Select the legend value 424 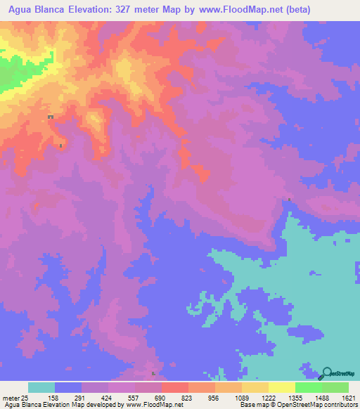coord(116,397)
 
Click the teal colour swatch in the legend coord(41,387)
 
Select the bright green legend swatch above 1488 coord(308,387)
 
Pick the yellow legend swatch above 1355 coord(281,387)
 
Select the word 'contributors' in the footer coord(340,405)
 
